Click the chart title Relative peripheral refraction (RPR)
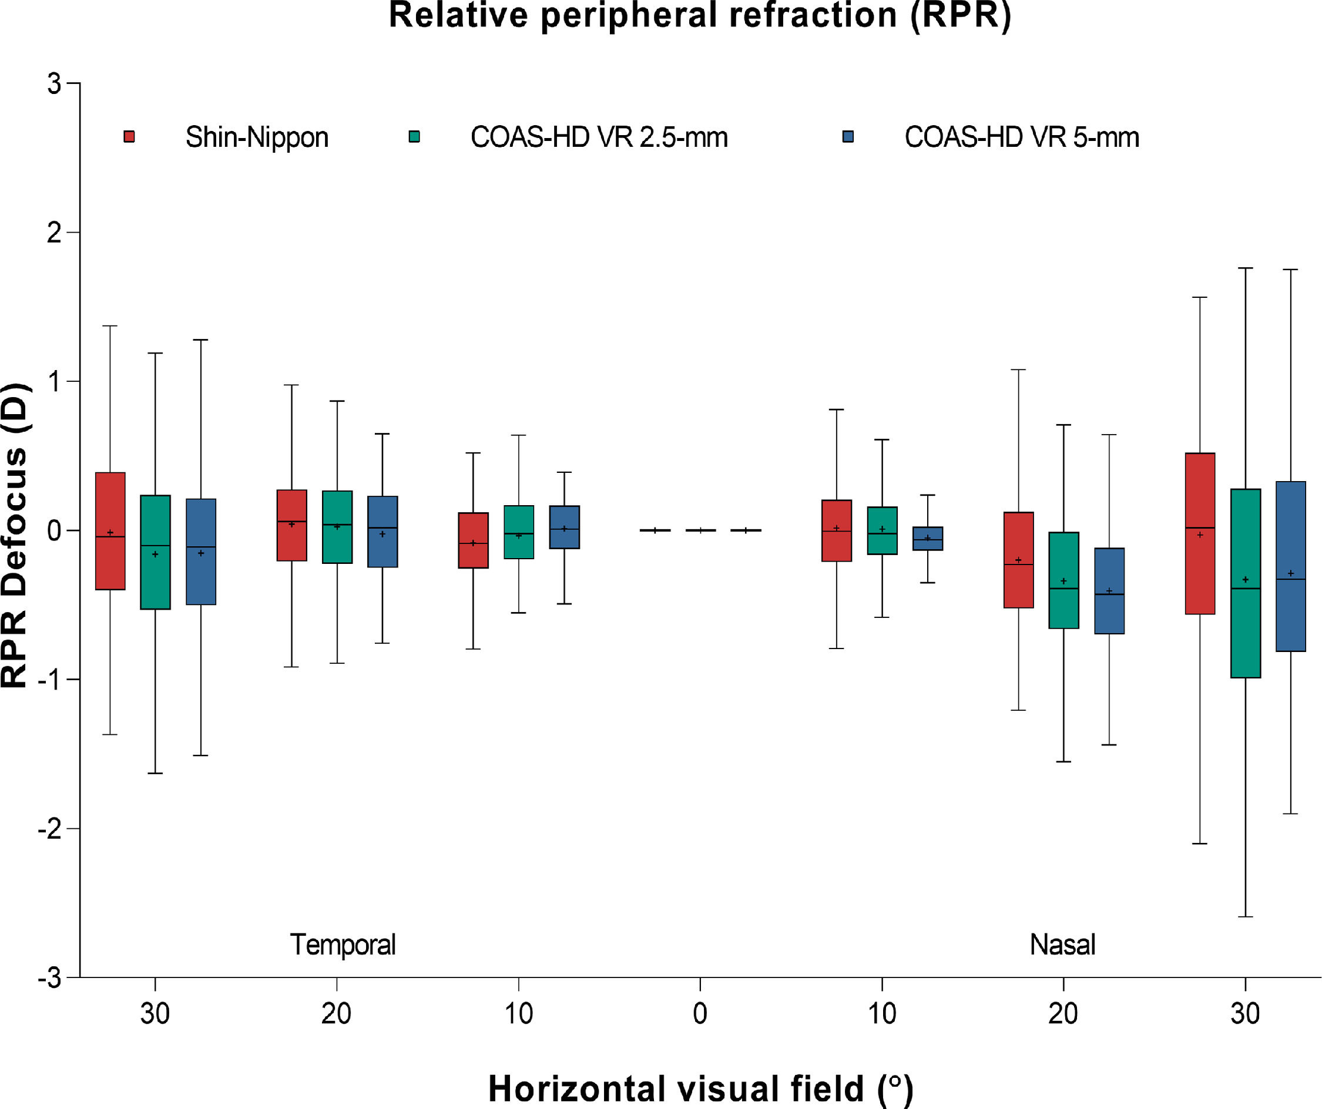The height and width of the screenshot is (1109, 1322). [x=699, y=16]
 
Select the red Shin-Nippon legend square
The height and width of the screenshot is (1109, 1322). [x=129, y=137]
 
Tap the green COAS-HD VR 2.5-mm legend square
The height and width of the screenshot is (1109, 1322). [x=414, y=137]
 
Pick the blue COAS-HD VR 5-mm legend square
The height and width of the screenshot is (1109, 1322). [x=848, y=137]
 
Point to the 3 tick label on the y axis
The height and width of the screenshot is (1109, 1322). [x=55, y=83]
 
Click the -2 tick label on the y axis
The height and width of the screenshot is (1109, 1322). [x=50, y=829]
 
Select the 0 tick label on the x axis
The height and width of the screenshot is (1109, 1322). [x=700, y=1014]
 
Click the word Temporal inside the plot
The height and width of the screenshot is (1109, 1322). [x=343, y=945]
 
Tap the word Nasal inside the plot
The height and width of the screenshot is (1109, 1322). [x=1063, y=945]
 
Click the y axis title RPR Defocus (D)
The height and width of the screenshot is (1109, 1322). [x=15, y=535]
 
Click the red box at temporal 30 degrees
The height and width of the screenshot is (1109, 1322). [x=110, y=530]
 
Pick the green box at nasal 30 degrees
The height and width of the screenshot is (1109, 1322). [x=1245, y=583]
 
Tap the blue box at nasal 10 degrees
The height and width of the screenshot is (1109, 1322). [x=927, y=539]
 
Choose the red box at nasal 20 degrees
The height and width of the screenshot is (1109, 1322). [x=1018, y=560]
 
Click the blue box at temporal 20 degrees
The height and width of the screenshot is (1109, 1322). [x=382, y=532]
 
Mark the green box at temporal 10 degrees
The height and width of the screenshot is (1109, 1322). [x=519, y=532]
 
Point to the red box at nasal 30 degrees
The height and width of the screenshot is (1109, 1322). [x=1200, y=533]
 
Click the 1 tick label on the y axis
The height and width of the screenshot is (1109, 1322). [x=55, y=381]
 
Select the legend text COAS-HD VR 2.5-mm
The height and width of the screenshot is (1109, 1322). [x=599, y=137]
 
